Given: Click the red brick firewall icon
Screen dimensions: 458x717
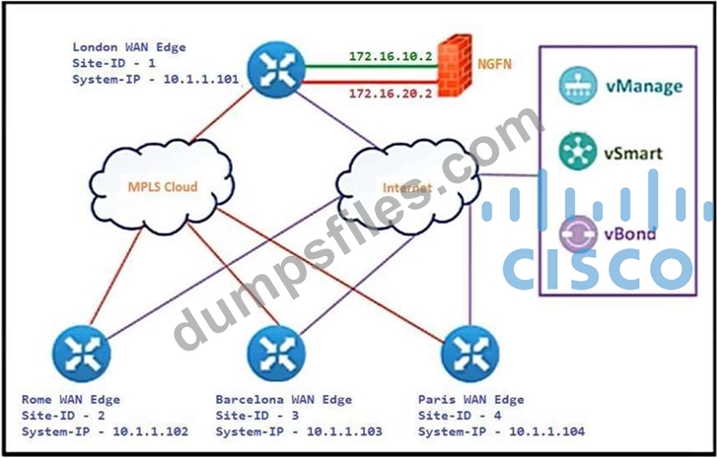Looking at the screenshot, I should [x=453, y=67].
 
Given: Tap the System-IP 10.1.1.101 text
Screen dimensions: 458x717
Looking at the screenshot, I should [x=156, y=80].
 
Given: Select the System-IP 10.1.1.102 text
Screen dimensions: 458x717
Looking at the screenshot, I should [x=104, y=431].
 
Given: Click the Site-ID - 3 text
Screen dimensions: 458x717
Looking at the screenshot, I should [x=258, y=416].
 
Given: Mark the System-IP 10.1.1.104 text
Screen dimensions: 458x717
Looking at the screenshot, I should [x=500, y=431].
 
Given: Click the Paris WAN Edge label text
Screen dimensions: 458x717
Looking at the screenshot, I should [x=471, y=400].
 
